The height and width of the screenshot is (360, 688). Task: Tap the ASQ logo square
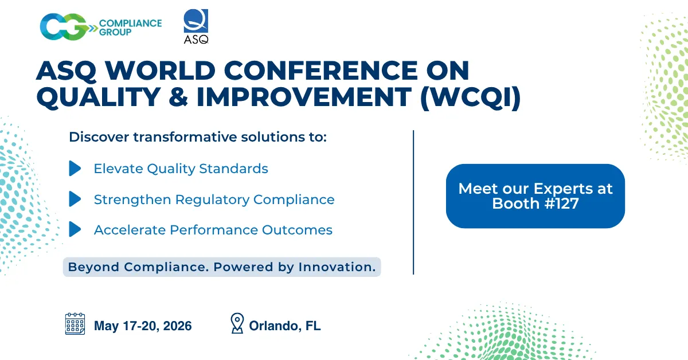[196, 21]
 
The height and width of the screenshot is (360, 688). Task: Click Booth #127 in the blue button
[535, 204]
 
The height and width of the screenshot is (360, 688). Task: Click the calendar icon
[75, 324]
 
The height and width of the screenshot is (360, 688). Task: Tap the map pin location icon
[236, 324]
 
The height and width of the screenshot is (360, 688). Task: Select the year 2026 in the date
[176, 326]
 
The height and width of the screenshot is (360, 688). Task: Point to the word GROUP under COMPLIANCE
[115, 33]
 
